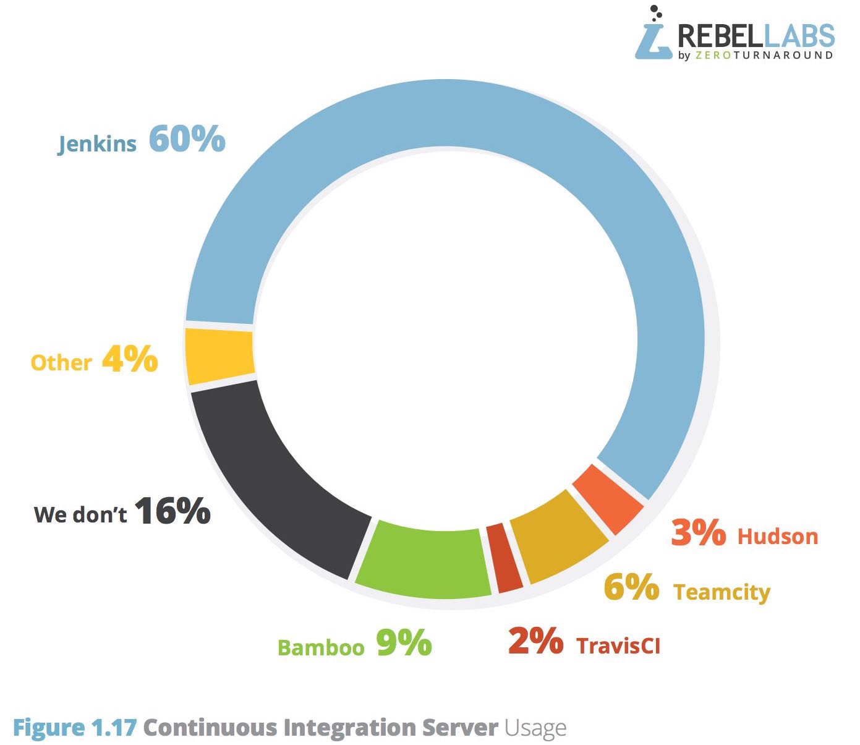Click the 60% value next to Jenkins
pyautogui.click(x=187, y=138)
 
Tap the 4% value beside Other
pyautogui.click(x=130, y=359)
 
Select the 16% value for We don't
pyautogui.click(x=172, y=511)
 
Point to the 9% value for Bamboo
pyautogui.click(x=404, y=644)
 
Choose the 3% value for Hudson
pyautogui.click(x=698, y=532)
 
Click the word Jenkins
pyautogui.click(x=97, y=143)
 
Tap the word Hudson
pyautogui.click(x=778, y=537)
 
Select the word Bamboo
pyautogui.click(x=321, y=647)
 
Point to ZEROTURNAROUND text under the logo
pyautogui.click(x=764, y=55)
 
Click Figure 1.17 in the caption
pyautogui.click(x=74, y=728)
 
